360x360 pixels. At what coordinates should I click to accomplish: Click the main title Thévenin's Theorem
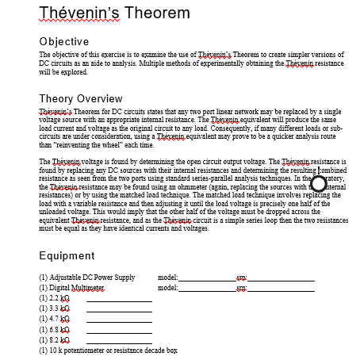[x=114, y=13]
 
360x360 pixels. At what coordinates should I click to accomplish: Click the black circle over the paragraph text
[x=320, y=183]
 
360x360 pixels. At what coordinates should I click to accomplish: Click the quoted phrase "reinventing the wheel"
[x=87, y=147]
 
